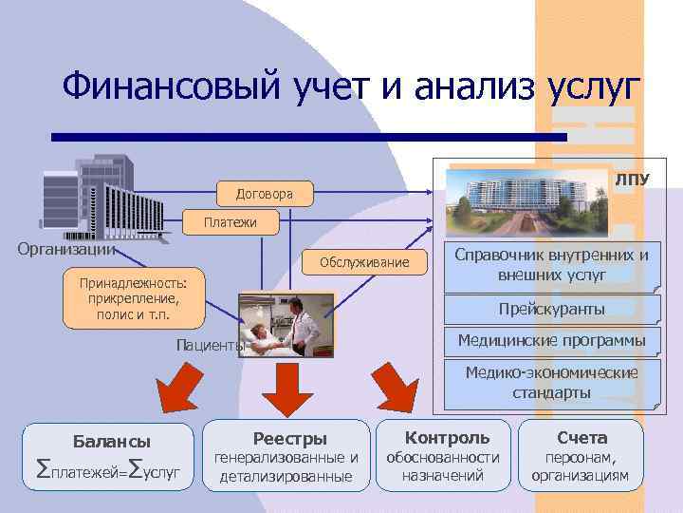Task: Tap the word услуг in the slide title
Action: [x=596, y=90]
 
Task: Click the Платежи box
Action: [x=229, y=223]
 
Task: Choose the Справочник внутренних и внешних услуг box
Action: [x=552, y=265]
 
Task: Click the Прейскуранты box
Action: [x=551, y=310]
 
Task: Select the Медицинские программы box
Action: [x=551, y=340]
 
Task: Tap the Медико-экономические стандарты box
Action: [x=551, y=383]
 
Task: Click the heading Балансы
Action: [x=112, y=441]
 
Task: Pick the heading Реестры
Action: [x=289, y=438]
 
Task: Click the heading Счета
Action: [x=581, y=437]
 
